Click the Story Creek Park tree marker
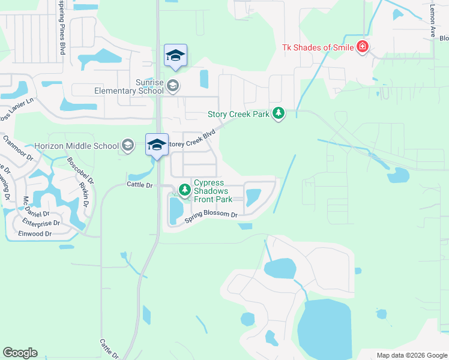pyautogui.click(x=279, y=113)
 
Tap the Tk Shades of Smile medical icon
pyautogui.click(x=362, y=47)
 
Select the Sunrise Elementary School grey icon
pyautogui.click(x=173, y=85)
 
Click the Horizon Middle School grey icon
pyautogui.click(x=127, y=145)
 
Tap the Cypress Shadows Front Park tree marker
pyautogui.click(x=185, y=190)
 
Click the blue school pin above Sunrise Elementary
pyautogui.click(x=175, y=56)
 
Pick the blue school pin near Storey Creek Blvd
pyautogui.click(x=157, y=145)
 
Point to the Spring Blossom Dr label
pyautogui.click(x=211, y=215)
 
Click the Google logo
pyautogui.click(x=20, y=353)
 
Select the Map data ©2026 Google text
pyautogui.click(x=411, y=355)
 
